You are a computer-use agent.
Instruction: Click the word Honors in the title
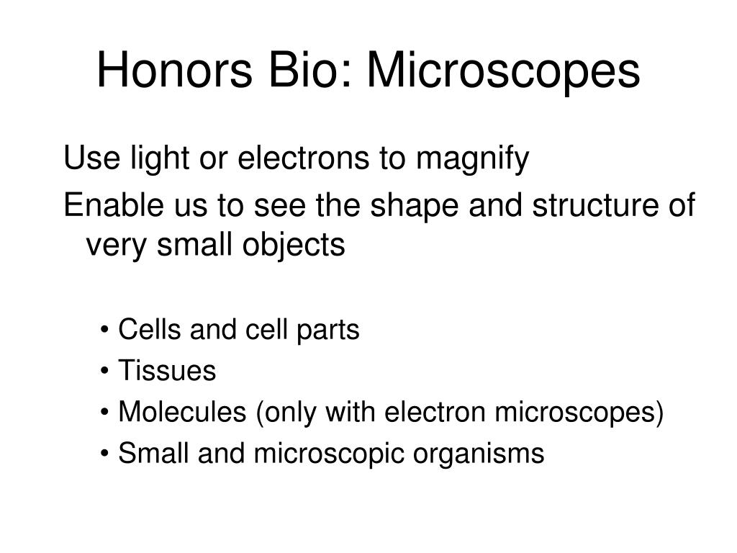174,71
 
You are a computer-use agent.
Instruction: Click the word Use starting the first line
91,158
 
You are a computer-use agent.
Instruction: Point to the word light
160,160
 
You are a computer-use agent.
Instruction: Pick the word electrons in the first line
303,158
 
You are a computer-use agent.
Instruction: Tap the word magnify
472,160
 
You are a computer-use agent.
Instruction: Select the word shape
414,207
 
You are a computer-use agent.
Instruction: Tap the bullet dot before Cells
104,331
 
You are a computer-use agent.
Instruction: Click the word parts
327,331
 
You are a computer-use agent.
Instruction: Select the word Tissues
167,371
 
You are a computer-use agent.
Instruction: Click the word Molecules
182,412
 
